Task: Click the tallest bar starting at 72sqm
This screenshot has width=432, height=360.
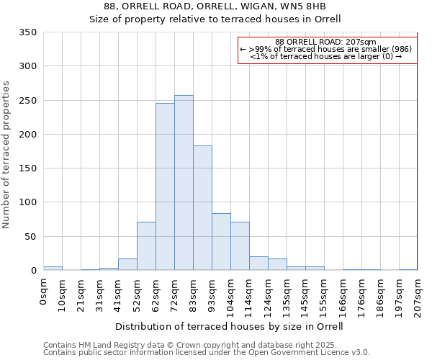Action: point(184,183)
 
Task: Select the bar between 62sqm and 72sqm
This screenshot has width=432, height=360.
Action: point(165,187)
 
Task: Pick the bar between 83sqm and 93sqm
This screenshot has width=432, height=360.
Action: point(202,208)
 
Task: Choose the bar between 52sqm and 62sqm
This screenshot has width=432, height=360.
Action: point(146,246)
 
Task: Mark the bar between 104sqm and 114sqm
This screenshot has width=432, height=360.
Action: point(240,246)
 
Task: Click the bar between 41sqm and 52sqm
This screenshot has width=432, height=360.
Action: point(127,264)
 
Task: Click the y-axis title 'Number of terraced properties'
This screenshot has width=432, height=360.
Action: point(6,154)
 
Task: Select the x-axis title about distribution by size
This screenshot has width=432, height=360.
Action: point(230,326)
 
